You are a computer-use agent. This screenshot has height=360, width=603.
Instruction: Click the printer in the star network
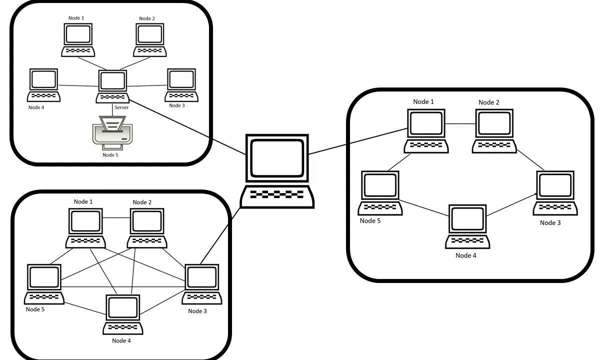pos(112,132)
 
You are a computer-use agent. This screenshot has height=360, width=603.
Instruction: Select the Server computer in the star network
pos(112,86)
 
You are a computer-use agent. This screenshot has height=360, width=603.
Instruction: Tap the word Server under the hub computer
pos(121,107)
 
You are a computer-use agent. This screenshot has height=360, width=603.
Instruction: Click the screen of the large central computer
pos(277,157)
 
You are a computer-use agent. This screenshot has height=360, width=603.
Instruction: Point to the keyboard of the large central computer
pos(277,195)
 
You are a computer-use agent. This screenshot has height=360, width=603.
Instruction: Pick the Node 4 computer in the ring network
pos(467,226)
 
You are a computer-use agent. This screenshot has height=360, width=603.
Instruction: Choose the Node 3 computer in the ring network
pos(555,192)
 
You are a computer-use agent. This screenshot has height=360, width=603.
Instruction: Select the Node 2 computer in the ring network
pos(494,131)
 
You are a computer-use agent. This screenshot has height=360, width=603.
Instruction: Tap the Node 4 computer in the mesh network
pos(123,314)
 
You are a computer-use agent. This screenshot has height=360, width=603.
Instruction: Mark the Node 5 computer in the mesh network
pos(44,283)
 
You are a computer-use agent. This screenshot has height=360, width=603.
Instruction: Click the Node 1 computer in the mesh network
pos(85,227)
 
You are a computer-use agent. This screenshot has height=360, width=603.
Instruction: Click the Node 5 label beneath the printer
pos(110,155)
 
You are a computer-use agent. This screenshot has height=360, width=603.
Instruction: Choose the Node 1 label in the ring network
pos(423,102)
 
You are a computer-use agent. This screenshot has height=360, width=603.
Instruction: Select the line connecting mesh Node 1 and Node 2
pos(116,217)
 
